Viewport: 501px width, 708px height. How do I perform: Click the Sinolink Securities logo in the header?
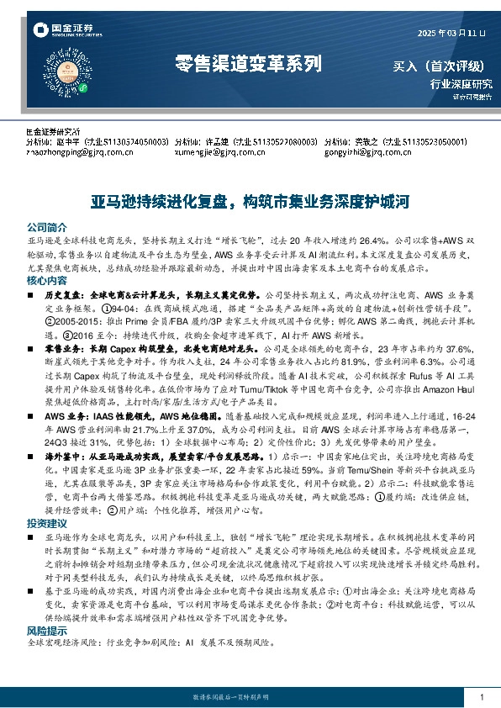(x=59, y=31)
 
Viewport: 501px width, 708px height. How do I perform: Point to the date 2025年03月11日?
(x=451, y=33)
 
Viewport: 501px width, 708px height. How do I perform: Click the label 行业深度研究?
(x=461, y=83)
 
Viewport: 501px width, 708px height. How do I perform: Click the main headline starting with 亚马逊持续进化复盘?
(x=250, y=202)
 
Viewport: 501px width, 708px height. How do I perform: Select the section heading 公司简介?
(x=46, y=227)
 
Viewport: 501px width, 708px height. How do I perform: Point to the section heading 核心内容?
(x=46, y=280)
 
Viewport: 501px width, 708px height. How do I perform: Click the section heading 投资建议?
(x=46, y=524)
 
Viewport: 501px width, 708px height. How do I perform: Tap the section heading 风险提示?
(x=46, y=630)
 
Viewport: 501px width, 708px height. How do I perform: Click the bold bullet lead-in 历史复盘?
(x=64, y=296)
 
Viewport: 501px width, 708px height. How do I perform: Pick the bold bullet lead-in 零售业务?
(x=64, y=346)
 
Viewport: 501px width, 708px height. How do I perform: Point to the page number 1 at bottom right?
(x=481, y=698)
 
